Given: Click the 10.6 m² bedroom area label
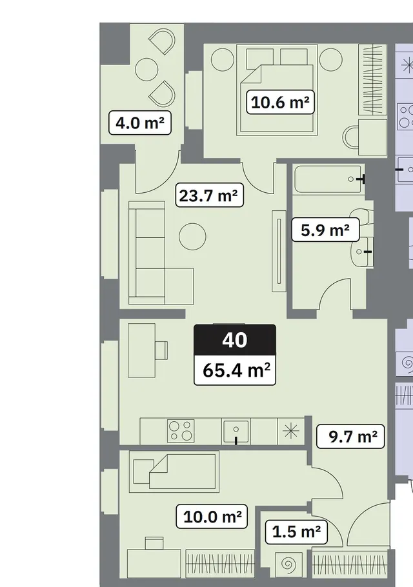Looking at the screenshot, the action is click(x=280, y=102).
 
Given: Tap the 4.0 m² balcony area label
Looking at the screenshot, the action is click(x=139, y=123).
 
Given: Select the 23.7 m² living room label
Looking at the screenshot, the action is click(x=209, y=195).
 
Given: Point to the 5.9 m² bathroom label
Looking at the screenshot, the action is click(x=325, y=230).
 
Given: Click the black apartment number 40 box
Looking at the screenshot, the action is click(x=235, y=340).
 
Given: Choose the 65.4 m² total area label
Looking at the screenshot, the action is click(x=235, y=370).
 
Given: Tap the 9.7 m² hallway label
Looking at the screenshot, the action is click(x=350, y=436).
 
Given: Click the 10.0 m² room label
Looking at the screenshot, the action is click(x=212, y=517).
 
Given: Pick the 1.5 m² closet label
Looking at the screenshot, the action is click(x=296, y=532).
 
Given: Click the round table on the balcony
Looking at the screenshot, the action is click(x=146, y=70).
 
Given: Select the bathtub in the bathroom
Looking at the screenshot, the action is click(x=328, y=179).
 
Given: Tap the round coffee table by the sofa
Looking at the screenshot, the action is click(x=192, y=237).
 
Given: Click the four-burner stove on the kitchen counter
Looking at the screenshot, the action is click(x=181, y=430).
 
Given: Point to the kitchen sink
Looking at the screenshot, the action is click(x=236, y=432).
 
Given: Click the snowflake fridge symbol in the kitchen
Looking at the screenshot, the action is click(x=291, y=432).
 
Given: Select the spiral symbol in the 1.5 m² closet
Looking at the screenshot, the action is click(x=288, y=564).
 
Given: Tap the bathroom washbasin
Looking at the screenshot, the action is click(x=361, y=252).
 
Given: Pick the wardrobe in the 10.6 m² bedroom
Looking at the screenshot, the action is click(x=372, y=80).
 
